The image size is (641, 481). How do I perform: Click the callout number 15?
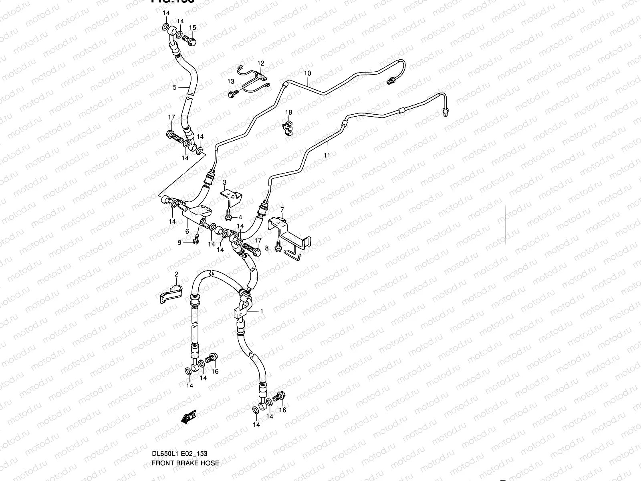pyautogui.click(x=193, y=28)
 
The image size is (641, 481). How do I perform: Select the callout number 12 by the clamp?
pyautogui.click(x=261, y=63)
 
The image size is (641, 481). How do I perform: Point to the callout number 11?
pyautogui.click(x=327, y=155)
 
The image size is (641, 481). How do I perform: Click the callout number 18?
pyautogui.click(x=289, y=112)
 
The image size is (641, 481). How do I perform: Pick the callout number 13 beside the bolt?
pyautogui.click(x=231, y=81)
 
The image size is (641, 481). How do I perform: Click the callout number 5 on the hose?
pyautogui.click(x=175, y=87)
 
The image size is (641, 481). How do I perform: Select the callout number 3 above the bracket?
pyautogui.click(x=225, y=182)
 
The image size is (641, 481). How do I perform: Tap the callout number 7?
pyautogui.click(x=282, y=210)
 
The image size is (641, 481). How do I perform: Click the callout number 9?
pyautogui.click(x=180, y=243)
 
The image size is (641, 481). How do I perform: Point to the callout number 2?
pyautogui.click(x=176, y=274)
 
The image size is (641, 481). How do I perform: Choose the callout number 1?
pyautogui.click(x=262, y=311)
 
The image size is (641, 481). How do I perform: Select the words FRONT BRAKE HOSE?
pyautogui.click(x=185, y=463)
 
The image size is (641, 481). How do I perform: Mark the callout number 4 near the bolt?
pyautogui.click(x=240, y=217)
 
